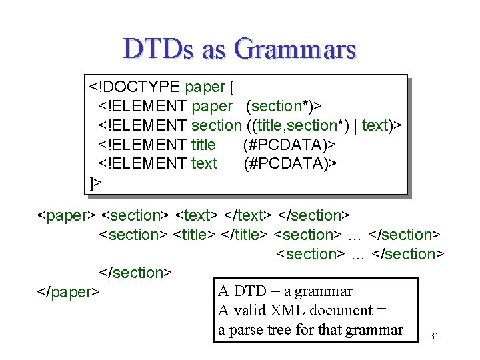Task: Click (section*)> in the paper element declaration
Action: coord(284,106)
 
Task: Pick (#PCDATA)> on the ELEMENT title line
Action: coord(289,145)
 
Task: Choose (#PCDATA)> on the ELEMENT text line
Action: coord(289,163)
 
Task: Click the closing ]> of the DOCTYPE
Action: coord(96,183)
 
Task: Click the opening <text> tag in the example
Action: coord(196,215)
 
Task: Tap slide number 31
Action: coord(434,336)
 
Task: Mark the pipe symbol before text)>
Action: coord(355,125)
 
